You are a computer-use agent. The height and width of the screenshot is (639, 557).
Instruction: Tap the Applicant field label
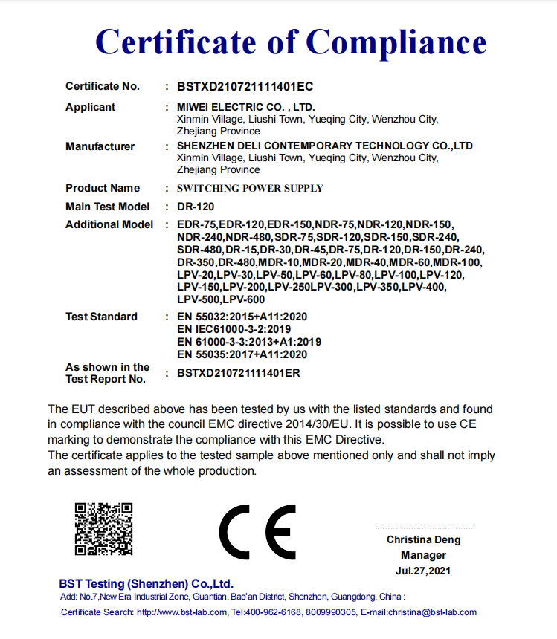91,107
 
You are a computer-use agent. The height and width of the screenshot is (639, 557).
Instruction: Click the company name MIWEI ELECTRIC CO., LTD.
246,107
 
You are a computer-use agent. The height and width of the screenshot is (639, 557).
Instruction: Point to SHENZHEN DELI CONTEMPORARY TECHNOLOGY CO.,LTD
325,146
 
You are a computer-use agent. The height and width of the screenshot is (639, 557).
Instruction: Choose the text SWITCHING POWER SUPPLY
250,188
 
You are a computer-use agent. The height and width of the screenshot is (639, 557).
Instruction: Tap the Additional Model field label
109,224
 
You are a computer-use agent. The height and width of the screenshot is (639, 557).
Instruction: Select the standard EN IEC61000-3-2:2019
234,328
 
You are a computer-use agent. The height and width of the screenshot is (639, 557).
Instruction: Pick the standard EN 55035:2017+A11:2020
242,354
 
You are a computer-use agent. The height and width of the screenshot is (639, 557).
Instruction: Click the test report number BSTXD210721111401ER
239,373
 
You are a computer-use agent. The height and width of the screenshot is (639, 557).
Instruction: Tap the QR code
103,529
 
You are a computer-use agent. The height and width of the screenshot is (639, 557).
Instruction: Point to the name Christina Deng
423,540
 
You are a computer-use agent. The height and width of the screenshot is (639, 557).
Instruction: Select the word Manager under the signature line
424,555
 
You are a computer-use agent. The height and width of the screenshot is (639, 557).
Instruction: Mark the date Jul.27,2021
424,571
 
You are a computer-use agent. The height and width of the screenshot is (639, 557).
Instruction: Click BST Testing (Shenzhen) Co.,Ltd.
147,583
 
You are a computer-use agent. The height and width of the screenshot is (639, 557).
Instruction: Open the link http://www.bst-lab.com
182,612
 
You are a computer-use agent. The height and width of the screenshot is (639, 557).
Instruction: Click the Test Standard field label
101,317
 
